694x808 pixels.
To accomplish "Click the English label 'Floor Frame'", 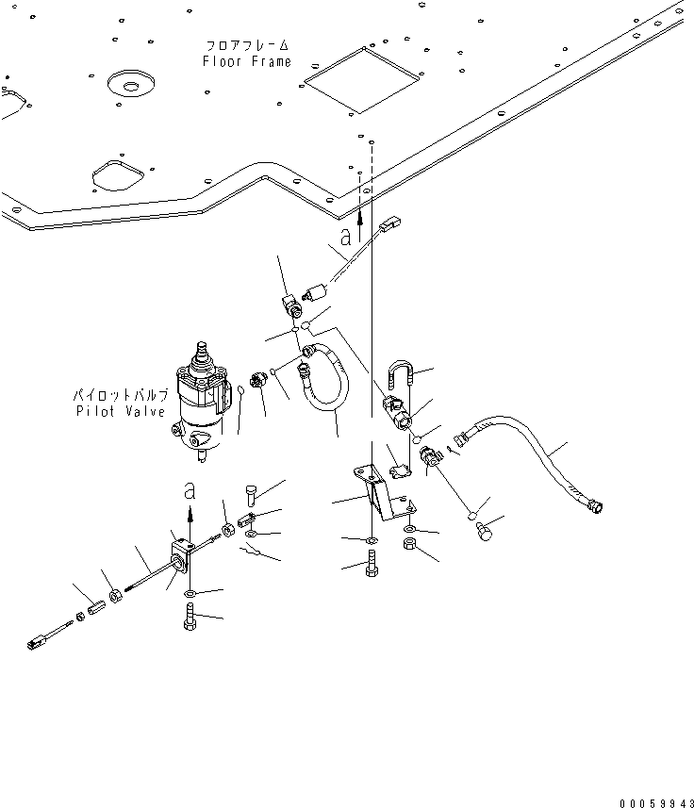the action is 247,61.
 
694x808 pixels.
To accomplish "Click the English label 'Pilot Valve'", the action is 121,411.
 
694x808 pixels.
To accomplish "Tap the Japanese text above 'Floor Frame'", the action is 247,45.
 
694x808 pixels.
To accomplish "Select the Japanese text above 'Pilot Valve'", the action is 121,396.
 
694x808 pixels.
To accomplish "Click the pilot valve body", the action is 202,402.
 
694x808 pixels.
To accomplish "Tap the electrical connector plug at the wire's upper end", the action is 391,224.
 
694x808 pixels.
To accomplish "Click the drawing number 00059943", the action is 656,803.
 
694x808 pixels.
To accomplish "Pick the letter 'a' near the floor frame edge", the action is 346,237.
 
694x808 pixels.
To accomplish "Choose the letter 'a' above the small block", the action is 190,491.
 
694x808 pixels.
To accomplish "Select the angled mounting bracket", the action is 384,492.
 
